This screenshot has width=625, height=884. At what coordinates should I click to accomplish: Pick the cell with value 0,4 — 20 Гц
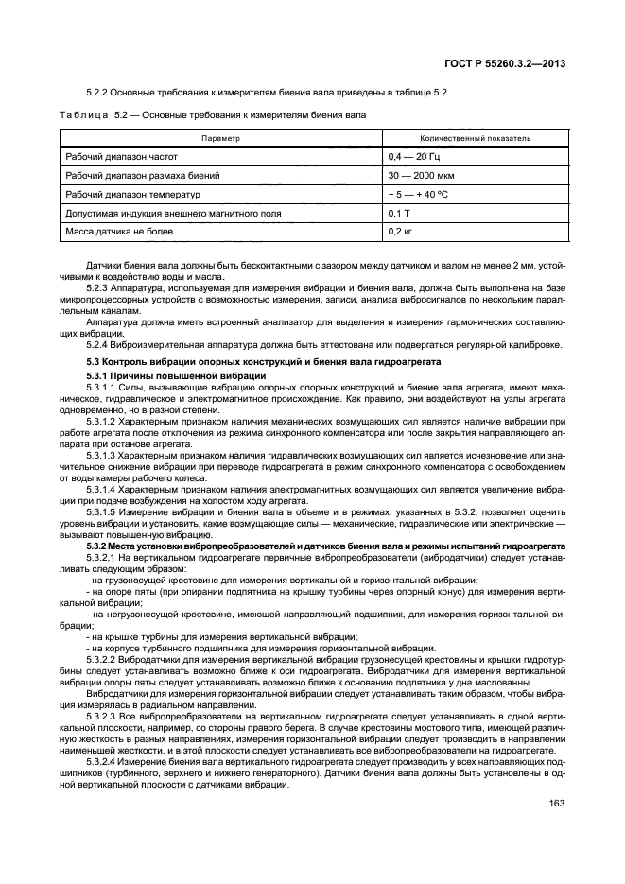coord(413,156)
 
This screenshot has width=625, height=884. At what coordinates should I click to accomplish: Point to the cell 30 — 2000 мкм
coord(421,175)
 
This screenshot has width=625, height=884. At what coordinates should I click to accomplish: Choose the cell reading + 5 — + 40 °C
coord(419,194)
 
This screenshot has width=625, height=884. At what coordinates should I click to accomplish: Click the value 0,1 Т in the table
coord(398,213)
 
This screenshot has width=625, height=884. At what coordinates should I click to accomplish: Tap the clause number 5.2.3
coord(98,286)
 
